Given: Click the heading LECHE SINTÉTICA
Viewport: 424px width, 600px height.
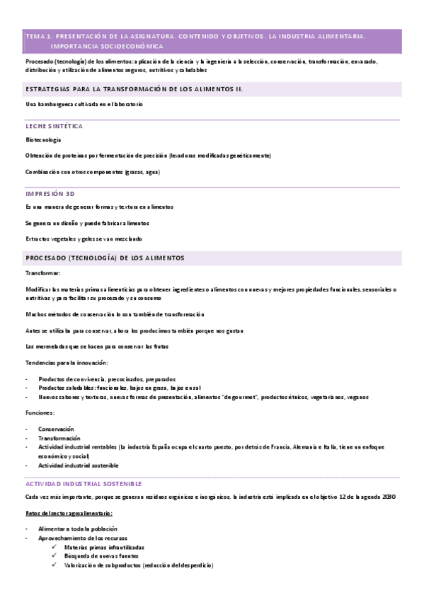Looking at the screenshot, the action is [x=54, y=126].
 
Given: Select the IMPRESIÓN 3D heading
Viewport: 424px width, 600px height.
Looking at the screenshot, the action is [x=50, y=192].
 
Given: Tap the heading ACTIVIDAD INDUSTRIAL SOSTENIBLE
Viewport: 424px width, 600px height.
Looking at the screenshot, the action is [x=84, y=484].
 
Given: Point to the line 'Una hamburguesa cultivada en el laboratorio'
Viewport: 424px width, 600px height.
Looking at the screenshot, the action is [x=84, y=104].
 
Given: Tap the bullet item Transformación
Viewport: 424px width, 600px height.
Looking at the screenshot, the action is [x=59, y=438].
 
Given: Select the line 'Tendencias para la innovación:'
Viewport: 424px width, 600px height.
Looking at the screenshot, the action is [x=67, y=363].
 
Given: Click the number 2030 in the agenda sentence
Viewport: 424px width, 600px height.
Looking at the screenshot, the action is [x=377, y=497].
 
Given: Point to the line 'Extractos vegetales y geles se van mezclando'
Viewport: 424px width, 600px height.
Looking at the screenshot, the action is [x=84, y=238].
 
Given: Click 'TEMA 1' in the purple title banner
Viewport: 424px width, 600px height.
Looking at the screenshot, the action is [x=38, y=35].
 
